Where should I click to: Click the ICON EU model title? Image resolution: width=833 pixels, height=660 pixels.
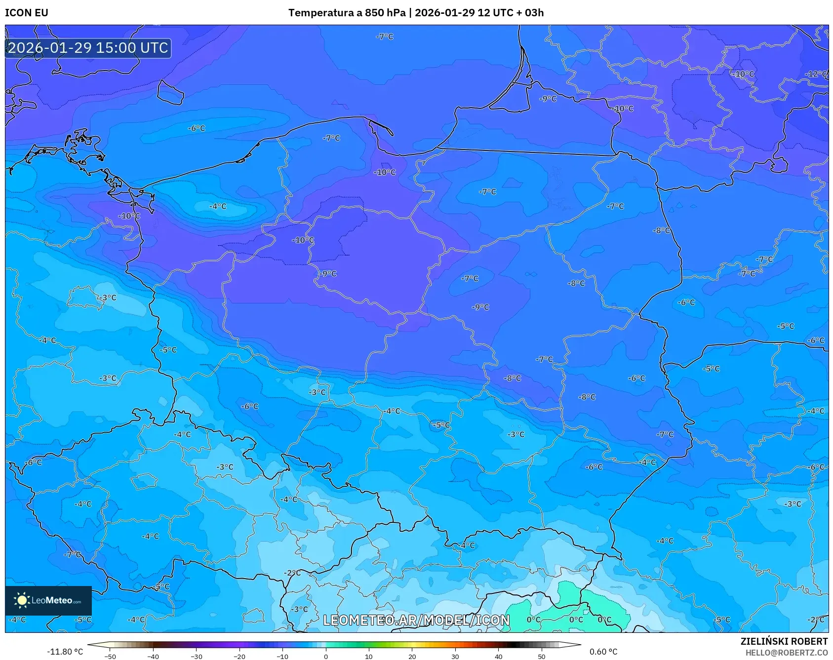pyautogui.click(x=27, y=13)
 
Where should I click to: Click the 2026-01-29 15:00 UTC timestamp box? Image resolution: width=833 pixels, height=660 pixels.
pyautogui.click(x=88, y=48)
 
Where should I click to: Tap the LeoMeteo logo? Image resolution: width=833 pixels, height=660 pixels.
pyautogui.click(x=48, y=600)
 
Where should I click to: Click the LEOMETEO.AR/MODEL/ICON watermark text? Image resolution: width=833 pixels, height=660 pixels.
pyautogui.click(x=416, y=620)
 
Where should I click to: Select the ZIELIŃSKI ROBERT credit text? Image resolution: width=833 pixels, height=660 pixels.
pyautogui.click(x=784, y=641)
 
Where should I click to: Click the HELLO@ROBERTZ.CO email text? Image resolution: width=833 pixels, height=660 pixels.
pyautogui.click(x=786, y=653)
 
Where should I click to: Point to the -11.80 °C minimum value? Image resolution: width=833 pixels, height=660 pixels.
pyautogui.click(x=65, y=652)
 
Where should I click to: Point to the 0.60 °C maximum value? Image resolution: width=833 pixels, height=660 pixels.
pyautogui.click(x=603, y=652)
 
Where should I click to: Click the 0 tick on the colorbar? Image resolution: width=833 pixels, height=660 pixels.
pyautogui.click(x=325, y=656)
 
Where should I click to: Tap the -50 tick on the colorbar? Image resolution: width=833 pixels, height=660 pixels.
pyautogui.click(x=110, y=656)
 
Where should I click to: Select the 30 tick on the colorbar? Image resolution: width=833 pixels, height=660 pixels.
pyautogui.click(x=455, y=656)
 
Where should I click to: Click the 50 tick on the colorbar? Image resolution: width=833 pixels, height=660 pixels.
pyautogui.click(x=541, y=656)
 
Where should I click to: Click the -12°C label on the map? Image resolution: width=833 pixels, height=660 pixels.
pyautogui.click(x=816, y=74)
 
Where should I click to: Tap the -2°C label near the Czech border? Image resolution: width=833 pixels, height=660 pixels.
pyautogui.click(x=292, y=573)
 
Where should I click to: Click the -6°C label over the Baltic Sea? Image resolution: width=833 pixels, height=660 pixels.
pyautogui.click(x=197, y=128)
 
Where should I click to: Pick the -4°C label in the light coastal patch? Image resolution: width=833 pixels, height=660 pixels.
pyautogui.click(x=218, y=206)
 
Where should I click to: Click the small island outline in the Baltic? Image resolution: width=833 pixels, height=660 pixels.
pyautogui.click(x=170, y=93)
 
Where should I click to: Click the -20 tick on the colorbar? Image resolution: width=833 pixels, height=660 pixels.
pyautogui.click(x=239, y=656)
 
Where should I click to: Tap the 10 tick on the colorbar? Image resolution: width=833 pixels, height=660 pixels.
pyautogui.click(x=368, y=656)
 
